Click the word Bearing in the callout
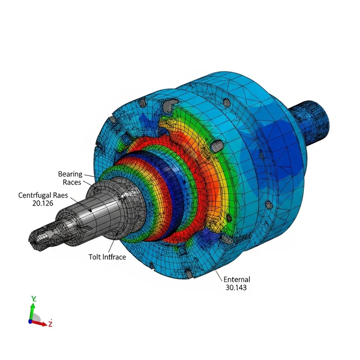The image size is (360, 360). pyautogui.click(x=70, y=174)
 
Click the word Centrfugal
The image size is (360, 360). pyautogui.click(x=34, y=195)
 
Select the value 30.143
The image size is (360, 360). pyautogui.click(x=235, y=288)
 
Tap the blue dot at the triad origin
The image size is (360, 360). pyautogui.click(x=30, y=321)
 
